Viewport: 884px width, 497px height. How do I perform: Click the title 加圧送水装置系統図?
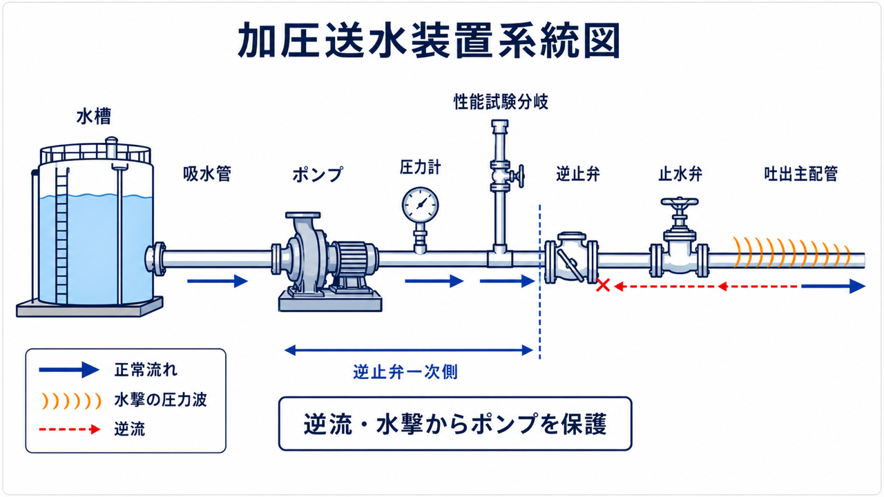pyautogui.click(x=429, y=40)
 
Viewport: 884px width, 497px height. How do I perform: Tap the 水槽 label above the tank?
pyautogui.click(x=94, y=117)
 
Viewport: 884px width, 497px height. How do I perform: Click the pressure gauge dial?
pyautogui.click(x=421, y=205)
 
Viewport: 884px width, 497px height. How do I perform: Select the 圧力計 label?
pyautogui.click(x=421, y=167)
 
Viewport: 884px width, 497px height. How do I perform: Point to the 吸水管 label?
pyautogui.click(x=207, y=173)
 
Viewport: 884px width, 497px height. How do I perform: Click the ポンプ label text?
pyautogui.click(x=318, y=175)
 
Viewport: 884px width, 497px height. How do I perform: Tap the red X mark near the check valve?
pyautogui.click(x=603, y=285)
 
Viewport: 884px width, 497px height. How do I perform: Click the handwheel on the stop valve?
pyautogui.click(x=680, y=202)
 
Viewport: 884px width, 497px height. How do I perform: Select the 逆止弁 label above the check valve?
pyautogui.click(x=578, y=173)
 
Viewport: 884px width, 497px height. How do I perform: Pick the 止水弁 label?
pyautogui.click(x=680, y=173)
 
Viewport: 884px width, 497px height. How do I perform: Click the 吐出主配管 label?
pyautogui.click(x=801, y=173)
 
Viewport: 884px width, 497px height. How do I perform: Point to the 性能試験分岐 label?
pyautogui.click(x=501, y=101)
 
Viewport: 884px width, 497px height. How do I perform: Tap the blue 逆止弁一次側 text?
pyautogui.click(x=405, y=371)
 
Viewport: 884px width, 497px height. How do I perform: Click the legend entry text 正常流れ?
pyautogui.click(x=146, y=369)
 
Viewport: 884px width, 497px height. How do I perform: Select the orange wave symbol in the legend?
pyautogui.click(x=71, y=401)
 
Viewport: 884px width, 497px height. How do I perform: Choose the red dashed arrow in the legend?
pyautogui.click(x=70, y=429)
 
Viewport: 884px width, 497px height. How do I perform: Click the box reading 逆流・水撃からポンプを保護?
pyautogui.click(x=455, y=424)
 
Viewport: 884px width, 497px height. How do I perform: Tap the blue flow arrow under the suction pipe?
pyautogui.click(x=218, y=281)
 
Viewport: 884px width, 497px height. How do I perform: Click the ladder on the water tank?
pyautogui.click(x=61, y=236)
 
